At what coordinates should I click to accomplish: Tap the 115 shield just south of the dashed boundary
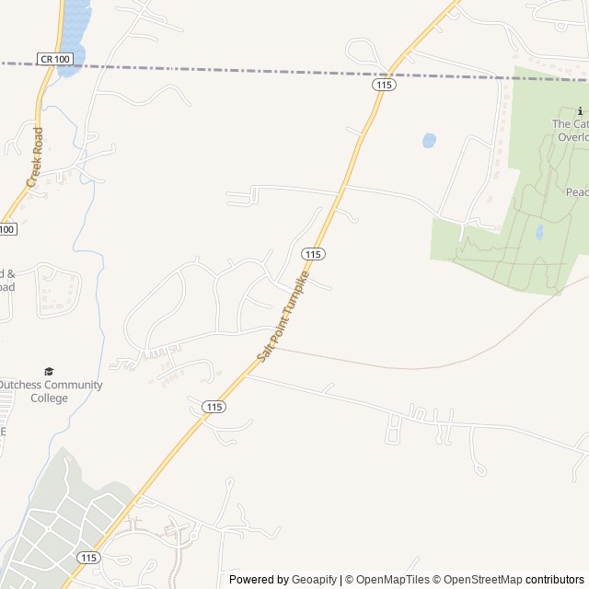coord(385,84)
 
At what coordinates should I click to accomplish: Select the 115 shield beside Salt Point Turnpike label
coord(313,253)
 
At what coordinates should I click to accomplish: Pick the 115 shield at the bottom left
coord(89,558)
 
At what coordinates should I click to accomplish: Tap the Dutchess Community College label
coord(50,391)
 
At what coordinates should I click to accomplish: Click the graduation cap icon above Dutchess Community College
coord(49,371)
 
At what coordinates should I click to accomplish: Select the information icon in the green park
coord(567,110)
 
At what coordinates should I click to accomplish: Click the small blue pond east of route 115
coord(428,141)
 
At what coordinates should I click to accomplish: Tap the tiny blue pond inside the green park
coord(539,232)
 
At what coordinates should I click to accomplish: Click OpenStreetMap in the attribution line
coord(483,580)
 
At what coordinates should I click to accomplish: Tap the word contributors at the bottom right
coord(555,580)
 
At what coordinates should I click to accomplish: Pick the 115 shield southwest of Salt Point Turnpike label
coord(214,406)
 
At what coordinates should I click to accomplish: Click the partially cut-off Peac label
coord(576,192)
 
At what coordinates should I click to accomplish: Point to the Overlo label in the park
coord(572,137)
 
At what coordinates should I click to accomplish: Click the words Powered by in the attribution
coord(258,580)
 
